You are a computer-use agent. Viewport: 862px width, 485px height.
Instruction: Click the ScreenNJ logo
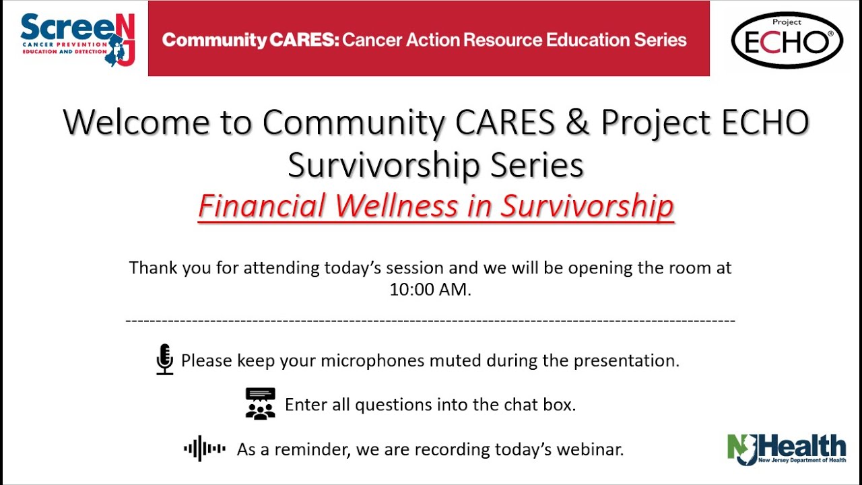[77, 39]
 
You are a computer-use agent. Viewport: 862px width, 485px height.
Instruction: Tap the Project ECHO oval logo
[787, 40]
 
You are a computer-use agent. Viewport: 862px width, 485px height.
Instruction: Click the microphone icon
[164, 359]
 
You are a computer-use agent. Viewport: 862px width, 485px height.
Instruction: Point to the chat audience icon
[260, 404]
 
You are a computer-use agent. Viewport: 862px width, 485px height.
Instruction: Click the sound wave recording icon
[205, 449]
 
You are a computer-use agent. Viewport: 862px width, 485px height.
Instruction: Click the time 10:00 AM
[428, 290]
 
